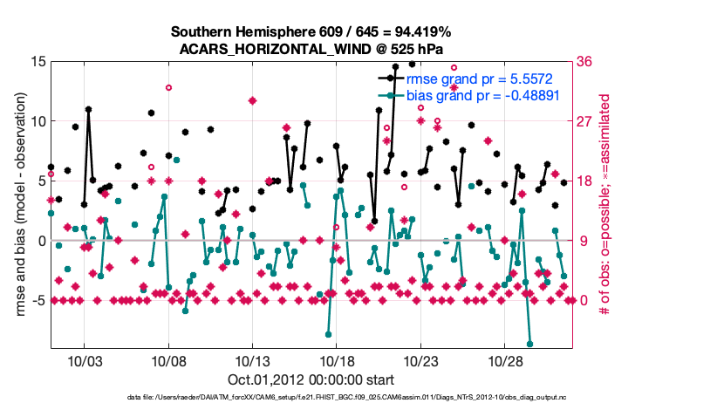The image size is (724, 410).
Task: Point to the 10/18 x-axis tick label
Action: (337, 360)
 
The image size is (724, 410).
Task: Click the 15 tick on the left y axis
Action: (38, 62)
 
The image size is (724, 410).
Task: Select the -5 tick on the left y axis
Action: (38, 300)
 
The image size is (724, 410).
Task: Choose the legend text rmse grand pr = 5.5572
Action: (482, 79)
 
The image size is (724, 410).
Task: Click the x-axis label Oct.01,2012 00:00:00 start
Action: (311, 379)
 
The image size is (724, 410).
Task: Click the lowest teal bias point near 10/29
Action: (529, 344)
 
